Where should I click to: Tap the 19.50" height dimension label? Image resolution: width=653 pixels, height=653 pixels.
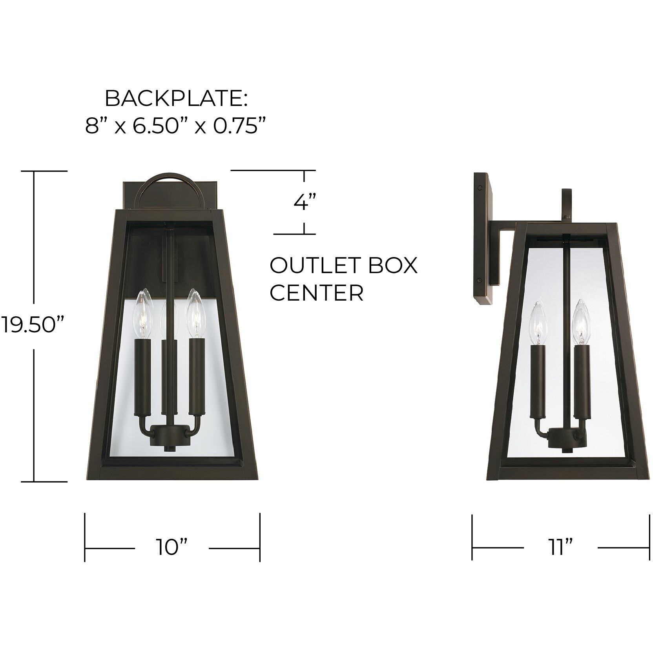33,325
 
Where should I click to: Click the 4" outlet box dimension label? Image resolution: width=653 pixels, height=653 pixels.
305,202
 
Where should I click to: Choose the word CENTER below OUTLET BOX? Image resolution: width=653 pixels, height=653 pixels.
316,292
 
